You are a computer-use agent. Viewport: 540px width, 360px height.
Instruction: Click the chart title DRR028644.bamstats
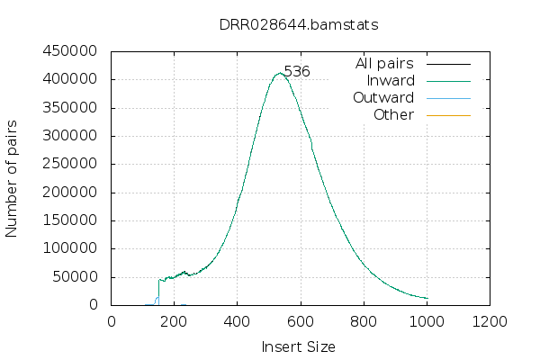299,24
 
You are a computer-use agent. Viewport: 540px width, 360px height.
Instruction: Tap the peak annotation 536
297,71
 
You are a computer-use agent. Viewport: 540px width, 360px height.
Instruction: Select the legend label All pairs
384,64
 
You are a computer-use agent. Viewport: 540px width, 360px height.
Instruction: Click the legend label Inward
390,81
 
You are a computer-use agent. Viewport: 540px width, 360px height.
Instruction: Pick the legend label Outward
383,98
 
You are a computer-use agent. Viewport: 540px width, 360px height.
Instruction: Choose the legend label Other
393,115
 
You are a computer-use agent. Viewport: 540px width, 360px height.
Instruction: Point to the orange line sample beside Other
448,115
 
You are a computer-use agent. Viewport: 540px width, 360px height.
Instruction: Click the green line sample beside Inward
448,81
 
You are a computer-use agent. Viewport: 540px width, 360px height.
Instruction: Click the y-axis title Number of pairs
13,178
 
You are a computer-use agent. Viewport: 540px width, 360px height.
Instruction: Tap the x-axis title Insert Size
298,346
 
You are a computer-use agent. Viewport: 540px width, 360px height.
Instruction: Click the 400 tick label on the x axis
238,321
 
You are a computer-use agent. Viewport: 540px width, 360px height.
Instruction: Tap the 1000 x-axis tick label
427,321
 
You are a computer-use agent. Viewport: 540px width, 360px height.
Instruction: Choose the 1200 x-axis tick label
490,321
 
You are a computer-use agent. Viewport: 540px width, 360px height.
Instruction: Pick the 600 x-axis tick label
301,321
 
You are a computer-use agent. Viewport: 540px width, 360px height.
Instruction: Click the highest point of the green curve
280,74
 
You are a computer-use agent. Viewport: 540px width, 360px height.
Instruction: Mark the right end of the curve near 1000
427,298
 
